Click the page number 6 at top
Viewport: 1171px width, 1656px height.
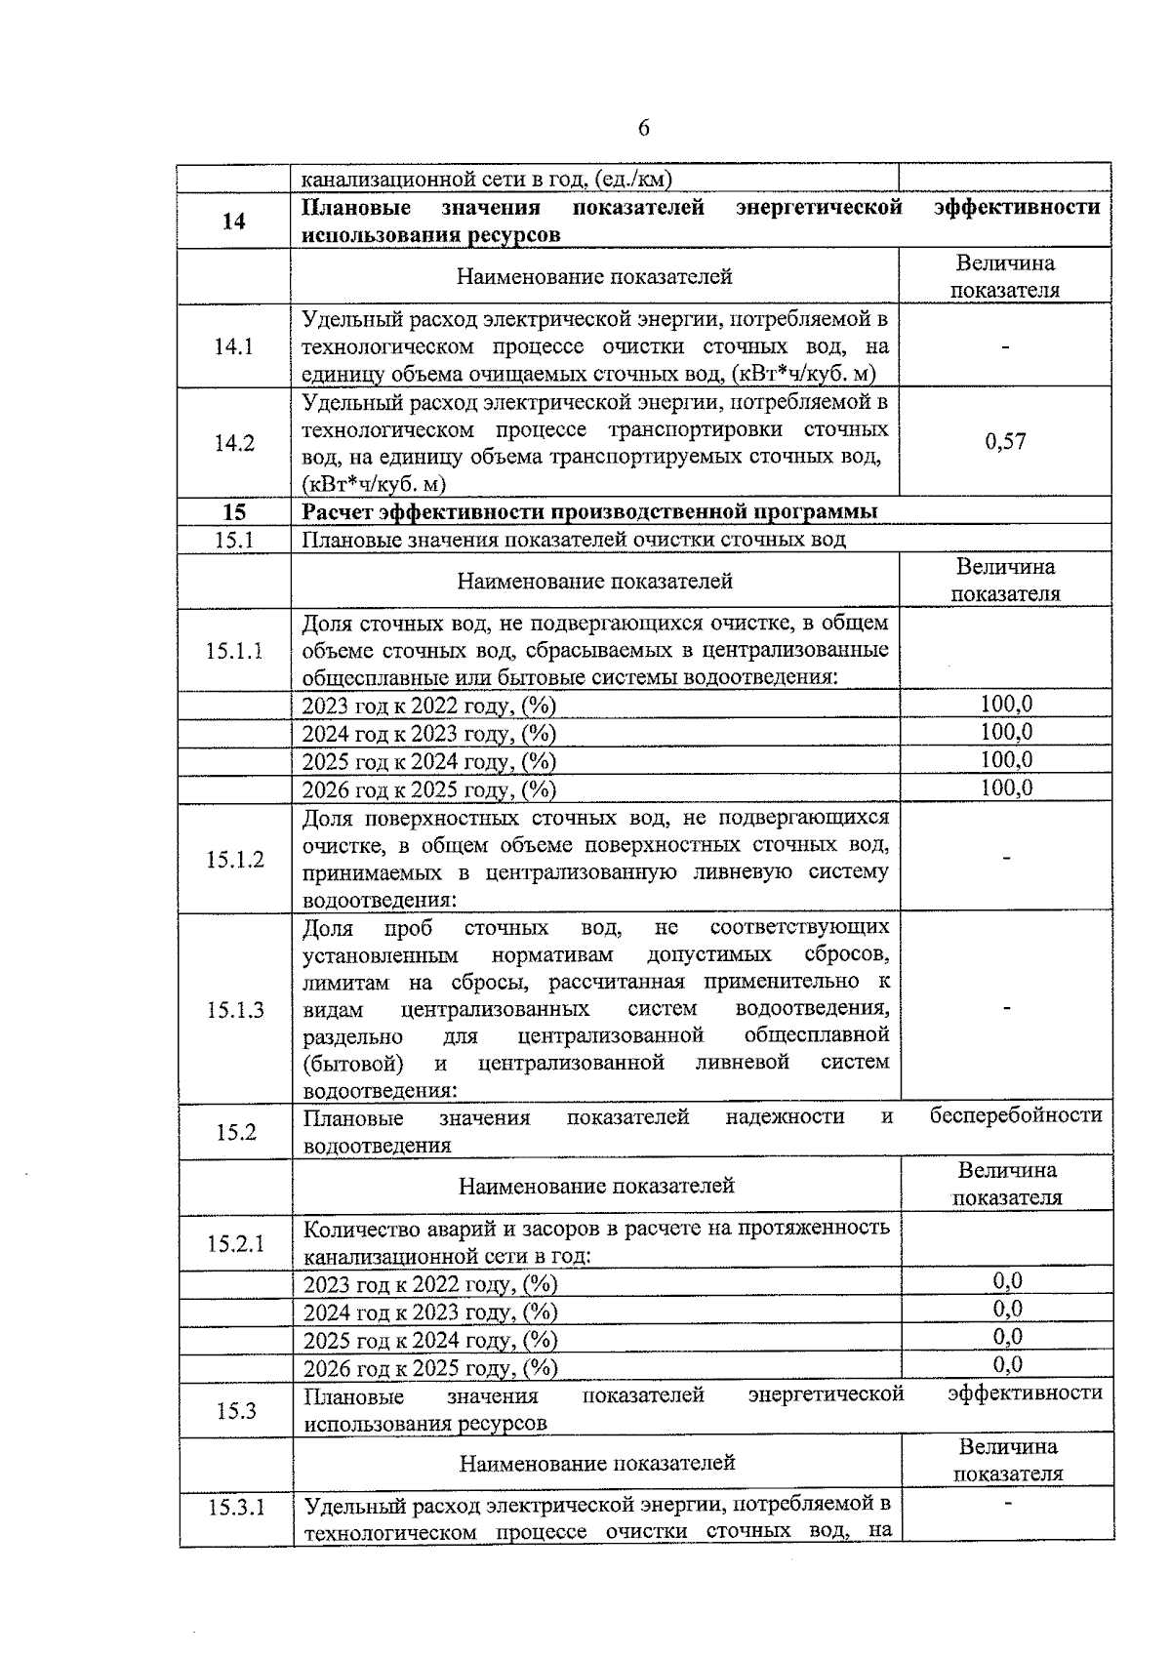(643, 129)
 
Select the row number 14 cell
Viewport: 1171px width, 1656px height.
(233, 222)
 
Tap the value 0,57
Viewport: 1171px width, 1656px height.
(1005, 442)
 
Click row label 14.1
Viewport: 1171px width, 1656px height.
(233, 346)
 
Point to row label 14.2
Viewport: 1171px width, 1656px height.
(233, 443)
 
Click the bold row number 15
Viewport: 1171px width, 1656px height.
(234, 512)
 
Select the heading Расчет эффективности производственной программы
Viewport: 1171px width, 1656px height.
(589, 512)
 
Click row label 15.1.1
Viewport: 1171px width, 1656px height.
(234, 651)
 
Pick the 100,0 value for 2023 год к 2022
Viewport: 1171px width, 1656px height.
(1006, 705)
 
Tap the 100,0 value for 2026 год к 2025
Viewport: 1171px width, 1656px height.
(1006, 788)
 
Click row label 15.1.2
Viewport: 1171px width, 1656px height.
(234, 860)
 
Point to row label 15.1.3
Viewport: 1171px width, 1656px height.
(234, 1010)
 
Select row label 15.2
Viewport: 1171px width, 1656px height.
(236, 1132)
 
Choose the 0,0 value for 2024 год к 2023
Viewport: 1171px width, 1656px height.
(1007, 1310)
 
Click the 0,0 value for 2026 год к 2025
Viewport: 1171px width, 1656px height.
(1007, 1365)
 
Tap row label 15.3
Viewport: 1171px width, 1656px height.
(236, 1410)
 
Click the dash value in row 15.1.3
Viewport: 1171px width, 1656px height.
(1006, 1009)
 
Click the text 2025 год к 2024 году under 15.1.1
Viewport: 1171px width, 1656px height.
(428, 761)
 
